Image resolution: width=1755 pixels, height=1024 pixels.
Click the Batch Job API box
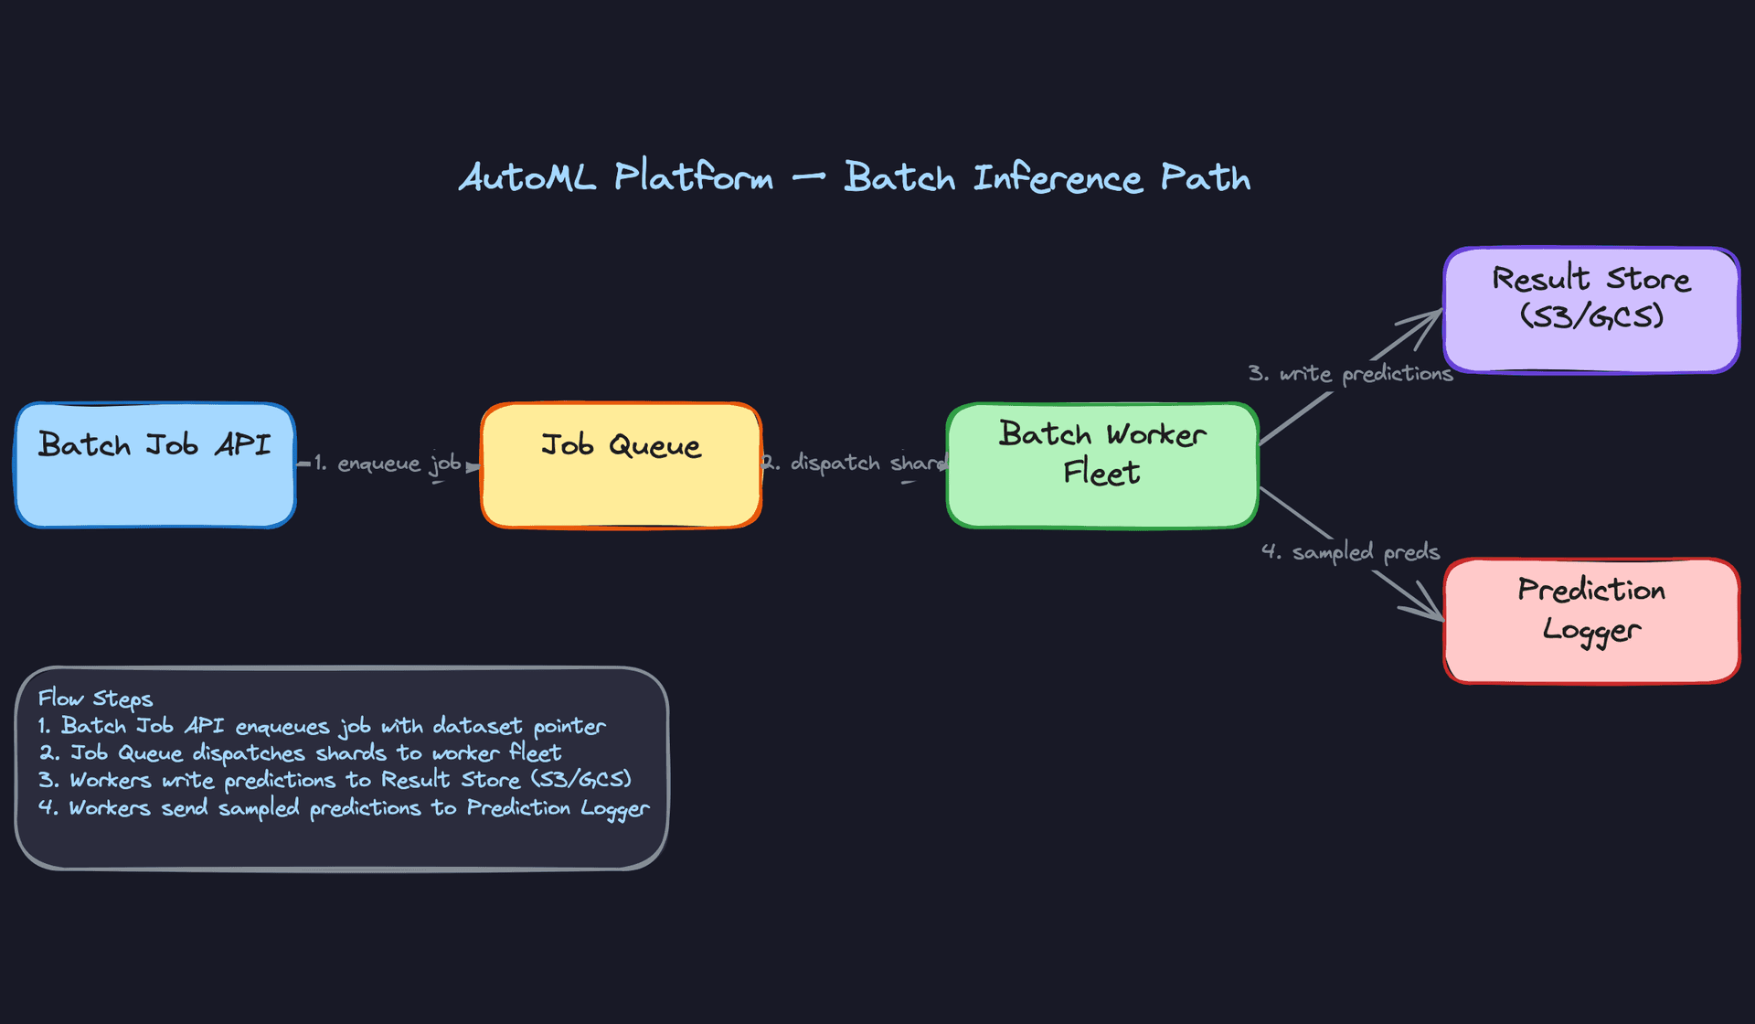[155, 464]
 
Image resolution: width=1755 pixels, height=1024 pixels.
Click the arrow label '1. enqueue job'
[388, 464]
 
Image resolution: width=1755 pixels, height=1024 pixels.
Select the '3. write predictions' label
[1350, 374]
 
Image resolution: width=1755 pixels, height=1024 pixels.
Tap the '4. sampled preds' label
[1350, 552]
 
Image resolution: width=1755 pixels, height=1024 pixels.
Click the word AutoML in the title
[527, 177]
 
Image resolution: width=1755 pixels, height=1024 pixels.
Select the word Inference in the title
[1058, 177]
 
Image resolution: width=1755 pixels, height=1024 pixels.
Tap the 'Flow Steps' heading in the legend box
[95, 699]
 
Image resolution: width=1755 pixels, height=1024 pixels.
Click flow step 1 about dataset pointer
[322, 727]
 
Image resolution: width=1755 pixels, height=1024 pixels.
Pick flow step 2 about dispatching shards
[300, 754]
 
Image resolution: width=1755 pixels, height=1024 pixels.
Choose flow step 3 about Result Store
[335, 781]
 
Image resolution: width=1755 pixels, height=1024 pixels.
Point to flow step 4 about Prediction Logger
[344, 808]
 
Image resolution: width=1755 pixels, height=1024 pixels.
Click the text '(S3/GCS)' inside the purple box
[1591, 317]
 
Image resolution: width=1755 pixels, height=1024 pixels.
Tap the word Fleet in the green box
[1101, 474]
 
